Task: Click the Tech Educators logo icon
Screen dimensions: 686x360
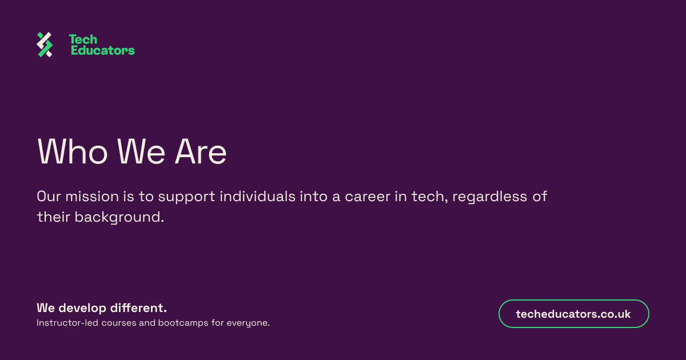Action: point(45,45)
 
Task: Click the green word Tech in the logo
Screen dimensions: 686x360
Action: point(83,39)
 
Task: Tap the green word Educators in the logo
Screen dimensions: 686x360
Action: point(102,50)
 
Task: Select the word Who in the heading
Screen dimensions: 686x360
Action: point(72,152)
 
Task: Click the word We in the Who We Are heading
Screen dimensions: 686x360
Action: point(141,152)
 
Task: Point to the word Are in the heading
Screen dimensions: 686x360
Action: point(201,152)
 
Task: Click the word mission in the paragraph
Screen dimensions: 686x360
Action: point(92,196)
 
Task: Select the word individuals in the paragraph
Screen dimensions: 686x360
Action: point(258,196)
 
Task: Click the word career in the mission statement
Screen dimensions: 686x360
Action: point(368,197)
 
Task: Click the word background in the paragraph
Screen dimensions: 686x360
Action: point(119,218)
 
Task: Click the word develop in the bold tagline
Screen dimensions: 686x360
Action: point(82,309)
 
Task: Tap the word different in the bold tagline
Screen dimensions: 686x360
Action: point(138,308)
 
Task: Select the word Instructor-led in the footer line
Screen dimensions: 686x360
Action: point(67,323)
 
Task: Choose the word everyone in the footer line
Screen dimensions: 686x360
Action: point(248,323)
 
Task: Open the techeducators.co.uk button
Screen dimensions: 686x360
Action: point(573,314)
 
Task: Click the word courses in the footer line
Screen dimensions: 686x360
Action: point(119,323)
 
